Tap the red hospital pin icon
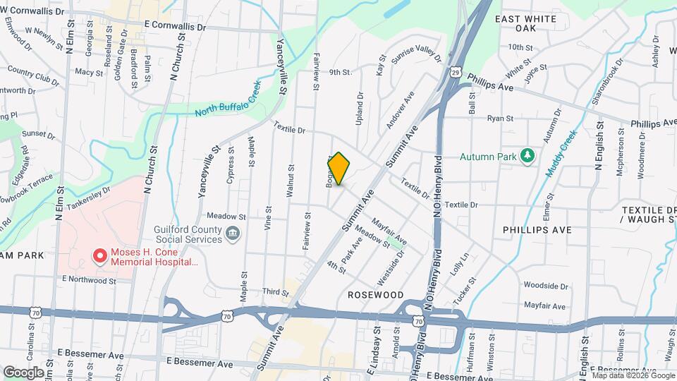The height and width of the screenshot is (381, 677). coord(100,255)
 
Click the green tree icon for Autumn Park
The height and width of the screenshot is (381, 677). coord(527,156)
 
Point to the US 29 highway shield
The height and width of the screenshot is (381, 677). coord(457,73)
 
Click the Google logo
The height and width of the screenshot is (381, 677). coord(23,372)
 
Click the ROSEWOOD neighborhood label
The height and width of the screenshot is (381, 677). coord(375,294)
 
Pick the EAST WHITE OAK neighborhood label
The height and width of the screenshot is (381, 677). coord(535,23)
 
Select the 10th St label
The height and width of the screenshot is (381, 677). coord(520,47)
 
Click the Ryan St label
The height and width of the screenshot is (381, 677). coord(500,119)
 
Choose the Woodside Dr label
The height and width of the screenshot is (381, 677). coord(545,286)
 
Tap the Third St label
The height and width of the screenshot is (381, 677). coord(272,291)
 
